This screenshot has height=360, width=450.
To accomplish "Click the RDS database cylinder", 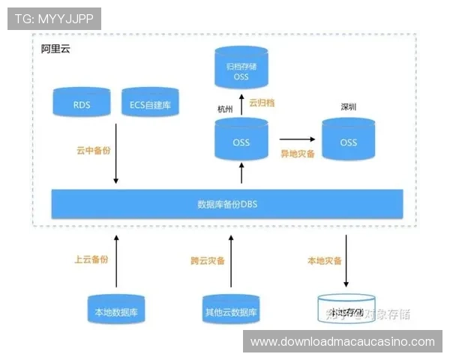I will [82, 105].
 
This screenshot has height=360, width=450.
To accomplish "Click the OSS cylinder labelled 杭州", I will [241, 141].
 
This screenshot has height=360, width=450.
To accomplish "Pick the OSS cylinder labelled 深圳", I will [349, 141].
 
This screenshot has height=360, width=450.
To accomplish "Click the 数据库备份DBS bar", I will [226, 203].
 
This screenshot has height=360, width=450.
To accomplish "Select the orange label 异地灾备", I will [297, 153].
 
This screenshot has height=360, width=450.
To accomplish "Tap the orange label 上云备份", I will [91, 259].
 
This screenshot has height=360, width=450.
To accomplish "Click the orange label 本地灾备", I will [324, 261].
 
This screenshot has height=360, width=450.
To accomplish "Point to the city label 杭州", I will [225, 109].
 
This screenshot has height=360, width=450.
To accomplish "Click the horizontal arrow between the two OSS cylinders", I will [298, 139].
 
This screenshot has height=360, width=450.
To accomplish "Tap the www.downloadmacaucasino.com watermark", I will [342, 342].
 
